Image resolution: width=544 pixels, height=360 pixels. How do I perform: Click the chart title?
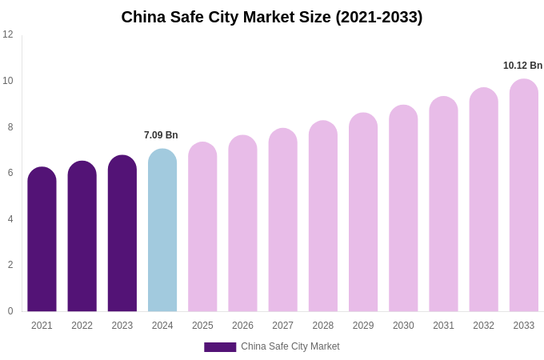[x=272, y=17]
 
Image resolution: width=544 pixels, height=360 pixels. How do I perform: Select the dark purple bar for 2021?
[x=42, y=240]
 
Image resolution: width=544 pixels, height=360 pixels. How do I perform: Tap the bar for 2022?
[x=82, y=237]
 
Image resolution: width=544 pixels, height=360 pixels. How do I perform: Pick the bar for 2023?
[x=122, y=234]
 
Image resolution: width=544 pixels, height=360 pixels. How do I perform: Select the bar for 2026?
[x=242, y=224]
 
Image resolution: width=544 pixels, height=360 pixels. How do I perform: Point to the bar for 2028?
[x=323, y=217]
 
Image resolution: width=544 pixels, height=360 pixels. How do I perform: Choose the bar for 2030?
[x=403, y=209]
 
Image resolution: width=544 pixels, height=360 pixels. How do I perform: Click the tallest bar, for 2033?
[x=524, y=196]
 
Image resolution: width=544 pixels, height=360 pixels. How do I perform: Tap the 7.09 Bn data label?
[x=161, y=135]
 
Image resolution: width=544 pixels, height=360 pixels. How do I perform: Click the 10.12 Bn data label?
[x=522, y=66]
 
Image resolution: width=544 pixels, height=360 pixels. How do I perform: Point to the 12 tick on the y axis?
[x=8, y=34]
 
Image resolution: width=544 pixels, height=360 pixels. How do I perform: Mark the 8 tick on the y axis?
[x=10, y=127]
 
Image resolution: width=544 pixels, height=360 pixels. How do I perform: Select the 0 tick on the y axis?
[x=10, y=311]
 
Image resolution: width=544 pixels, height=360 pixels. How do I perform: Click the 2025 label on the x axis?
[x=202, y=326]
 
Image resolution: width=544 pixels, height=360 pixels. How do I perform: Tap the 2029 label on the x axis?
[x=363, y=326]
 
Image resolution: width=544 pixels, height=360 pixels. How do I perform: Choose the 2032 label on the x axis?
[x=483, y=326]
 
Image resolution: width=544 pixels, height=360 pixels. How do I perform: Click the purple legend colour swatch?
[x=220, y=347]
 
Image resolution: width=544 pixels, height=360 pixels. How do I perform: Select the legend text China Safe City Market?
[x=290, y=346]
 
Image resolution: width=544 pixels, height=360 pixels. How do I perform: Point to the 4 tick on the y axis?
[x=10, y=219]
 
